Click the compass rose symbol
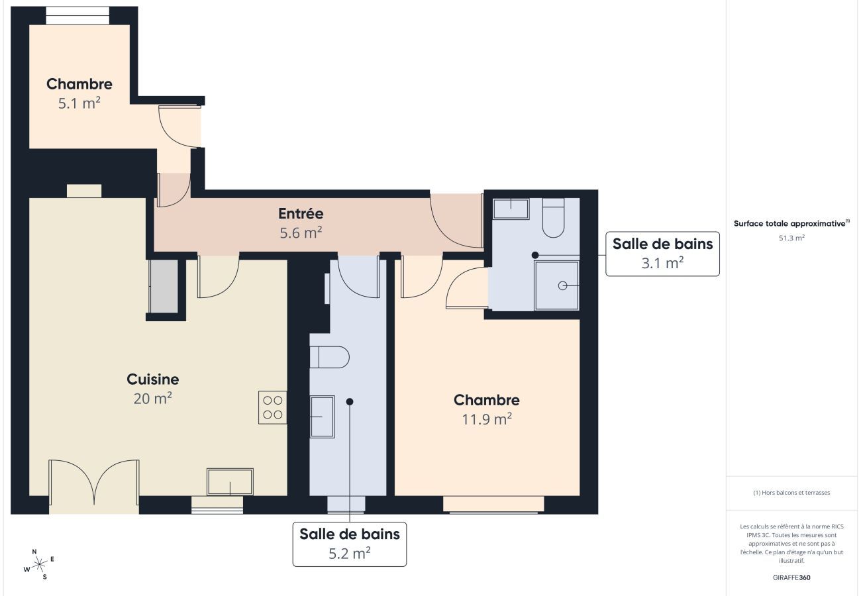tap(40, 564)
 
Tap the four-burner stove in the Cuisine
tap(272, 407)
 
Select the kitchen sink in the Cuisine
tap(230, 481)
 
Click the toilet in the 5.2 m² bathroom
tap(330, 357)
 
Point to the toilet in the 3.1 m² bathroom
tap(553, 219)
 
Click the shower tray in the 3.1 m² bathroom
tap(556, 285)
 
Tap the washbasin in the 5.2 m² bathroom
tap(323, 417)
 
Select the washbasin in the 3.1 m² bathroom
tap(511, 209)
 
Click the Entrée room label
tap(300, 214)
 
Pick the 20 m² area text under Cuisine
tap(152, 398)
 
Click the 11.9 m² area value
tap(486, 419)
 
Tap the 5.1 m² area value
tap(79, 103)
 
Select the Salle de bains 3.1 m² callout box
tap(662, 254)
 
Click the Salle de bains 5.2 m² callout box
tap(350, 544)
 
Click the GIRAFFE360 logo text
tap(791, 577)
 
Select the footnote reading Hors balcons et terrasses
tap(791, 493)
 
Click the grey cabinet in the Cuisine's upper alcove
tap(164, 286)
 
